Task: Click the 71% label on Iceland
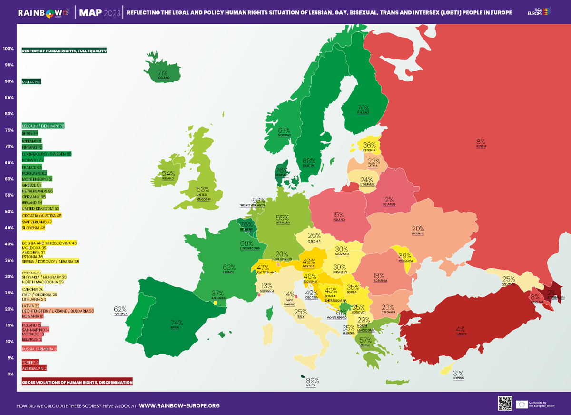[x=163, y=73]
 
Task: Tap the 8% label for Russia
[x=481, y=141]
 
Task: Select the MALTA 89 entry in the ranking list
[x=31, y=82]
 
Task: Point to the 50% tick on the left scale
[x=8, y=211]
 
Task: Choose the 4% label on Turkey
[x=460, y=329]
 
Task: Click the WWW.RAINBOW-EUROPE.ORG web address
[x=179, y=406]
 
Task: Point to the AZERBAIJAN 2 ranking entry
[x=34, y=368]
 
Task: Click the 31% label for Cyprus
[x=458, y=373]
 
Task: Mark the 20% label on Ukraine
[x=418, y=228]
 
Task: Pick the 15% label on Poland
[x=339, y=215]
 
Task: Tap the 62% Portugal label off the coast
[x=120, y=308]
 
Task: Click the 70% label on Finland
[x=363, y=108]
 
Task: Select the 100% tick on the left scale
[x=8, y=49]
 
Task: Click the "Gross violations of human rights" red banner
[x=78, y=382]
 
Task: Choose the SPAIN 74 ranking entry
[x=30, y=133]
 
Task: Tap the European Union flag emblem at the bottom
[x=522, y=404]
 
